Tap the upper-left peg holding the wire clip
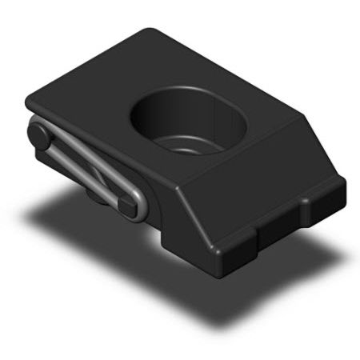pyautogui.click(x=38, y=132)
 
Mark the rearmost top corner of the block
pyautogui.click(x=152, y=32)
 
